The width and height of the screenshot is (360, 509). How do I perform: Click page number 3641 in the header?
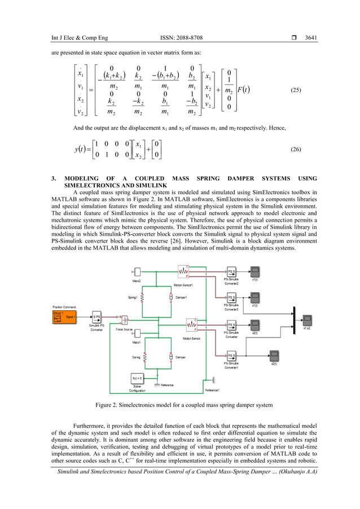[x=310, y=38]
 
